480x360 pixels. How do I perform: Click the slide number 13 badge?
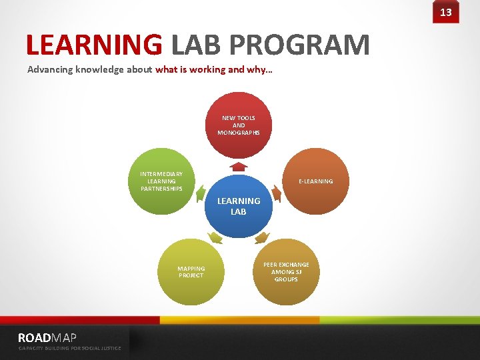tap(445, 12)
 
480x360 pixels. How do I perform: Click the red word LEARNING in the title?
tap(94, 45)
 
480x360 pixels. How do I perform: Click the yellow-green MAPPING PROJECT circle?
tap(191, 272)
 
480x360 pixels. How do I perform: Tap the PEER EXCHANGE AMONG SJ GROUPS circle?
tap(286, 271)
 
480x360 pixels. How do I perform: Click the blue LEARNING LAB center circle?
tap(239, 206)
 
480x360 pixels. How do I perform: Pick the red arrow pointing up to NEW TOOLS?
tap(239, 166)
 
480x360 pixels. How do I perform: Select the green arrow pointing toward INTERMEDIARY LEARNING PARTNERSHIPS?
tap(201, 193)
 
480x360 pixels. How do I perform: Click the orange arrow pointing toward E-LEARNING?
tap(277, 193)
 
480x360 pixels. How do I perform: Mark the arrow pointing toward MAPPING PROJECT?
tap(215, 237)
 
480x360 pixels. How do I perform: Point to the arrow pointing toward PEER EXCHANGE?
tap(262, 237)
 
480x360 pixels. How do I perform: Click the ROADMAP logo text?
tap(47, 337)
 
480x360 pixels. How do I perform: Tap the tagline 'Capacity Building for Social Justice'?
tap(69, 348)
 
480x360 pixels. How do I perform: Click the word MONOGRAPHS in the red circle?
tap(239, 132)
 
